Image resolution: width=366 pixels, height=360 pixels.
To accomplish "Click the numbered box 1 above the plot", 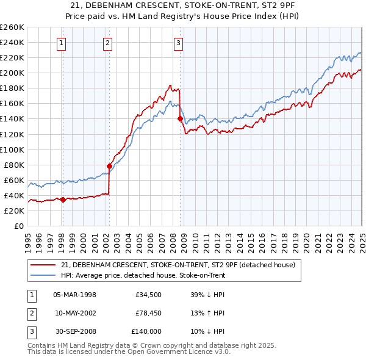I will [x=63, y=43].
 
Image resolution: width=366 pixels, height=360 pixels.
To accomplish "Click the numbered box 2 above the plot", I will [x=107, y=43].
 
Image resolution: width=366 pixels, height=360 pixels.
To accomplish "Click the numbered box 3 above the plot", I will [x=178, y=43].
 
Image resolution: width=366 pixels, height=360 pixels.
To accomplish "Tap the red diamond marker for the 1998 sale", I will [x=63, y=199].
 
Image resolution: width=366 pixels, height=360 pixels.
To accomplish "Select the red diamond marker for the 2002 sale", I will [x=110, y=165].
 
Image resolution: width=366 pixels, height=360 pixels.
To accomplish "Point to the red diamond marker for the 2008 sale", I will [x=181, y=118].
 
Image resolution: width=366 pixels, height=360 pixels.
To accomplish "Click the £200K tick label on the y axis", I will [x=12, y=73].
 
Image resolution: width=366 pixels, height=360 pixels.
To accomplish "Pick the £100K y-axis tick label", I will [x=12, y=149].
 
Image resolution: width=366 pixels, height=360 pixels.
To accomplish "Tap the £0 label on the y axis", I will [x=18, y=226].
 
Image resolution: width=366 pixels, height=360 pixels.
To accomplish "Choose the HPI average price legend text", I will [x=143, y=275].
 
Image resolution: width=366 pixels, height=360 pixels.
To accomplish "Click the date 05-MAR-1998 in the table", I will [x=75, y=295].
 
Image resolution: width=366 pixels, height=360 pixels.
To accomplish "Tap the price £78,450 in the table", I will [x=148, y=313].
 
